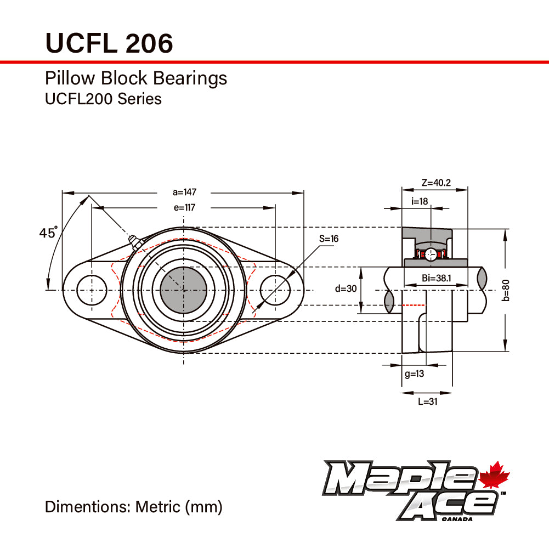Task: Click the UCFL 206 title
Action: coord(109,42)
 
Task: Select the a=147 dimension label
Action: coord(184,192)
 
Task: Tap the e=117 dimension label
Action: coord(184,207)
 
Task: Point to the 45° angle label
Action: coord(48,233)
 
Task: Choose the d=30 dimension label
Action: coord(346,289)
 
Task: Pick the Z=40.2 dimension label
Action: coord(436,183)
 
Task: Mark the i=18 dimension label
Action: coord(420,201)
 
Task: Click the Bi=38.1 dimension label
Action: coord(437,279)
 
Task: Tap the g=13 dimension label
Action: coord(414,374)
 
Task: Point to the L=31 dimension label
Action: coord(427,401)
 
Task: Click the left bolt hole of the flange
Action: coord(91,290)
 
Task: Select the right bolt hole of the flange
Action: coord(275,290)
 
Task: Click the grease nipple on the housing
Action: coord(133,241)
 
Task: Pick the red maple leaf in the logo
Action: coord(495,476)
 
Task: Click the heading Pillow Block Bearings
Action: coord(135,78)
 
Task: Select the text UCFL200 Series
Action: coord(103,99)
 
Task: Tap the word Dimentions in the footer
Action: coord(88,506)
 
